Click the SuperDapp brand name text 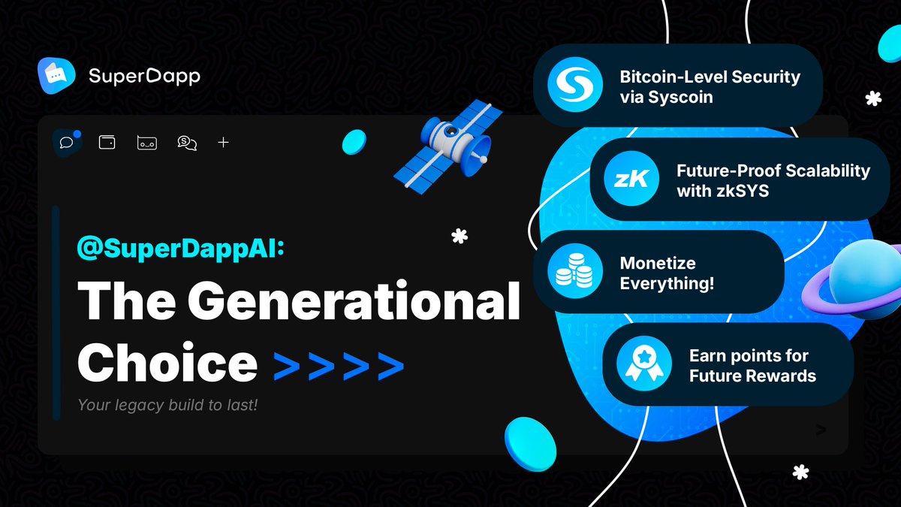point(144,77)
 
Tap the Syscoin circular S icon point(571,86)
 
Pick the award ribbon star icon point(643,364)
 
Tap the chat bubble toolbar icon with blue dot point(67,142)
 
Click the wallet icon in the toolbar point(107,142)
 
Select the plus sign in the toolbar point(223,142)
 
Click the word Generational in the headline point(354,302)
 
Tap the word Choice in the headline point(167,363)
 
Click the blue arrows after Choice point(338,365)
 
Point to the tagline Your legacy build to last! point(167,406)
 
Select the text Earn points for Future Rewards point(752,365)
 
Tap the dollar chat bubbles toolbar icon point(187,142)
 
